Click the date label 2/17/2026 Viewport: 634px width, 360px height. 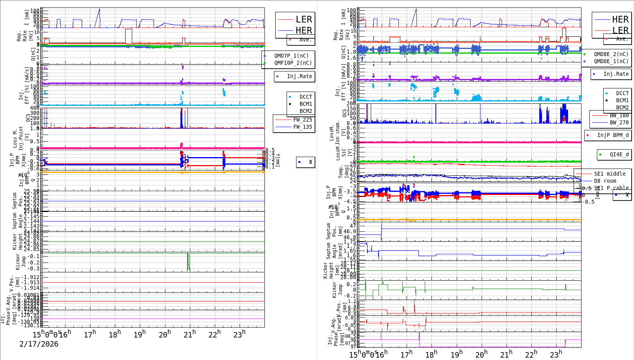39,344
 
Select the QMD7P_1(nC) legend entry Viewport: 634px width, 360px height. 291,56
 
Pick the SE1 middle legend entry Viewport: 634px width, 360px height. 610,174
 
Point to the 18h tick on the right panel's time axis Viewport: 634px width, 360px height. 431,354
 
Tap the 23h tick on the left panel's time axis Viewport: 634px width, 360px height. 238,335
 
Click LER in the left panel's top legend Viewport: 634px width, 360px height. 304,19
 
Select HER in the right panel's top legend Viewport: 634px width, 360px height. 620,19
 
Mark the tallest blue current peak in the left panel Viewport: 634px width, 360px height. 99,9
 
